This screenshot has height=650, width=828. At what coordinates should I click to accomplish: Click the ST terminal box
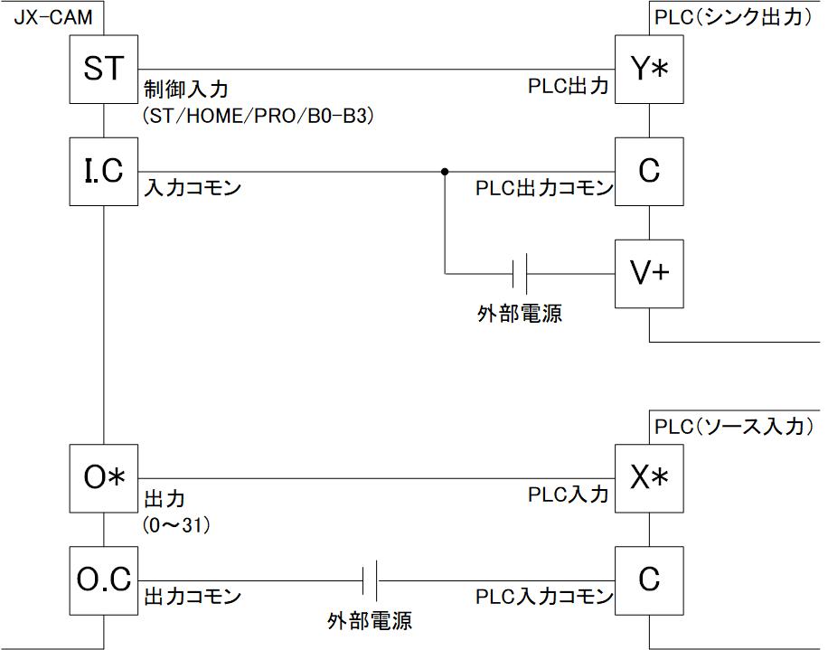pos(105,70)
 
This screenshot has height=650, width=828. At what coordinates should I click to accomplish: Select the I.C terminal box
pos(105,172)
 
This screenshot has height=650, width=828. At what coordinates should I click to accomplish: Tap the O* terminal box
pos(105,478)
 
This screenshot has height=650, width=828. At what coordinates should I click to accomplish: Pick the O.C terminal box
pos(105,580)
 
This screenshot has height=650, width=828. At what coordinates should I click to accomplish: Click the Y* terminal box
pos(648,70)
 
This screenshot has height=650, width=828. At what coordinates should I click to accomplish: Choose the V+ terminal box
pos(648,273)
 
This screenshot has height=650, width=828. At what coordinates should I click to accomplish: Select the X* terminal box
pos(648,478)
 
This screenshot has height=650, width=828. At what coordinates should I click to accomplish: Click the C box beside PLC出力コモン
pos(648,172)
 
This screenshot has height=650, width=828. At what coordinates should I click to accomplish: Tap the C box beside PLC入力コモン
pos(648,580)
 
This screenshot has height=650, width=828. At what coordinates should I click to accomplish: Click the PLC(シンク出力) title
pos(733,16)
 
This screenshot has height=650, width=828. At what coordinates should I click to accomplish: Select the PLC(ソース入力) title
pos(733,426)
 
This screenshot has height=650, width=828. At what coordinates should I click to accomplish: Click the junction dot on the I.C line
pos(445,172)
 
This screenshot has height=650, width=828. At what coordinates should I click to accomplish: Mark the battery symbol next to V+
pos(520,273)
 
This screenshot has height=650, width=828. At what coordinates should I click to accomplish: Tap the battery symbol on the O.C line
pos(370,580)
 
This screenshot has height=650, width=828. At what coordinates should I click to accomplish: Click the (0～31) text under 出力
pos(177,524)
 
